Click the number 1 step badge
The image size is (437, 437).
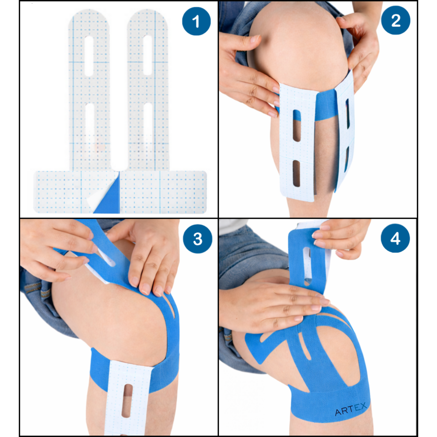[x=196, y=21]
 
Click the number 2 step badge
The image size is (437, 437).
[x=395, y=20]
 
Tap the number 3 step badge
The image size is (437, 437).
[x=198, y=239]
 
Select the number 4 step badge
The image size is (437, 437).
[x=395, y=238]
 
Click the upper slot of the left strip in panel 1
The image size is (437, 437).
[x=89, y=56]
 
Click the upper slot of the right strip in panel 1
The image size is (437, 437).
[x=147, y=55]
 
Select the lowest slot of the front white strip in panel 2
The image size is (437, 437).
[x=297, y=174]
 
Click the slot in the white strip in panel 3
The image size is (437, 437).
[x=127, y=400]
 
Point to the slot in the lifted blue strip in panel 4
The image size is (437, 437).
[x=307, y=265]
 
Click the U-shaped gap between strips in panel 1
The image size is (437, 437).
[x=119, y=156]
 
